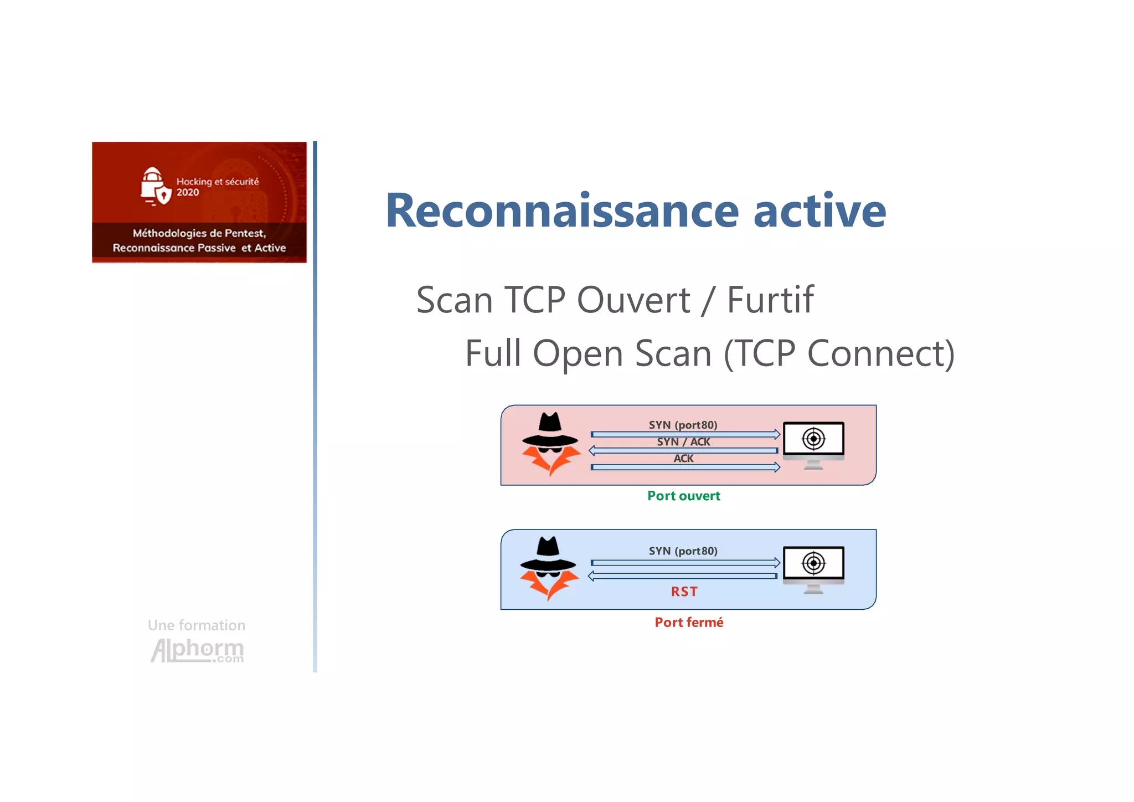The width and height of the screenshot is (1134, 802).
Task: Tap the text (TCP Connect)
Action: pos(839,353)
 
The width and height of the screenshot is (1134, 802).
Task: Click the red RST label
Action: pos(684,592)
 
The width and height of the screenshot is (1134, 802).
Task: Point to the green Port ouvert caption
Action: pos(684,496)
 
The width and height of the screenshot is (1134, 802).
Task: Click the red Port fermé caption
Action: pos(689,622)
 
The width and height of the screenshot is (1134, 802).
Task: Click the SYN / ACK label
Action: pos(683,441)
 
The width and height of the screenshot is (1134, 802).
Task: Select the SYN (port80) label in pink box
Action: pos(683,425)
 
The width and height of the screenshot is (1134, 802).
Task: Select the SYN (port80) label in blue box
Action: pos(683,551)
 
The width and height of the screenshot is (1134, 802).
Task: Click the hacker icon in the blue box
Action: pos(549,568)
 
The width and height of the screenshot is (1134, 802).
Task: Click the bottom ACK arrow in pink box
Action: pos(685,467)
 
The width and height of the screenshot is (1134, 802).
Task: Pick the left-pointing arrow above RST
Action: pos(683,576)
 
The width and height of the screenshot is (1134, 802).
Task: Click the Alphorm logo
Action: pos(197,650)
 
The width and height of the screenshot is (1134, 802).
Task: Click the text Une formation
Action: pos(197,625)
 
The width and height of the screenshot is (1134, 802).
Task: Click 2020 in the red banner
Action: pos(188,192)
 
